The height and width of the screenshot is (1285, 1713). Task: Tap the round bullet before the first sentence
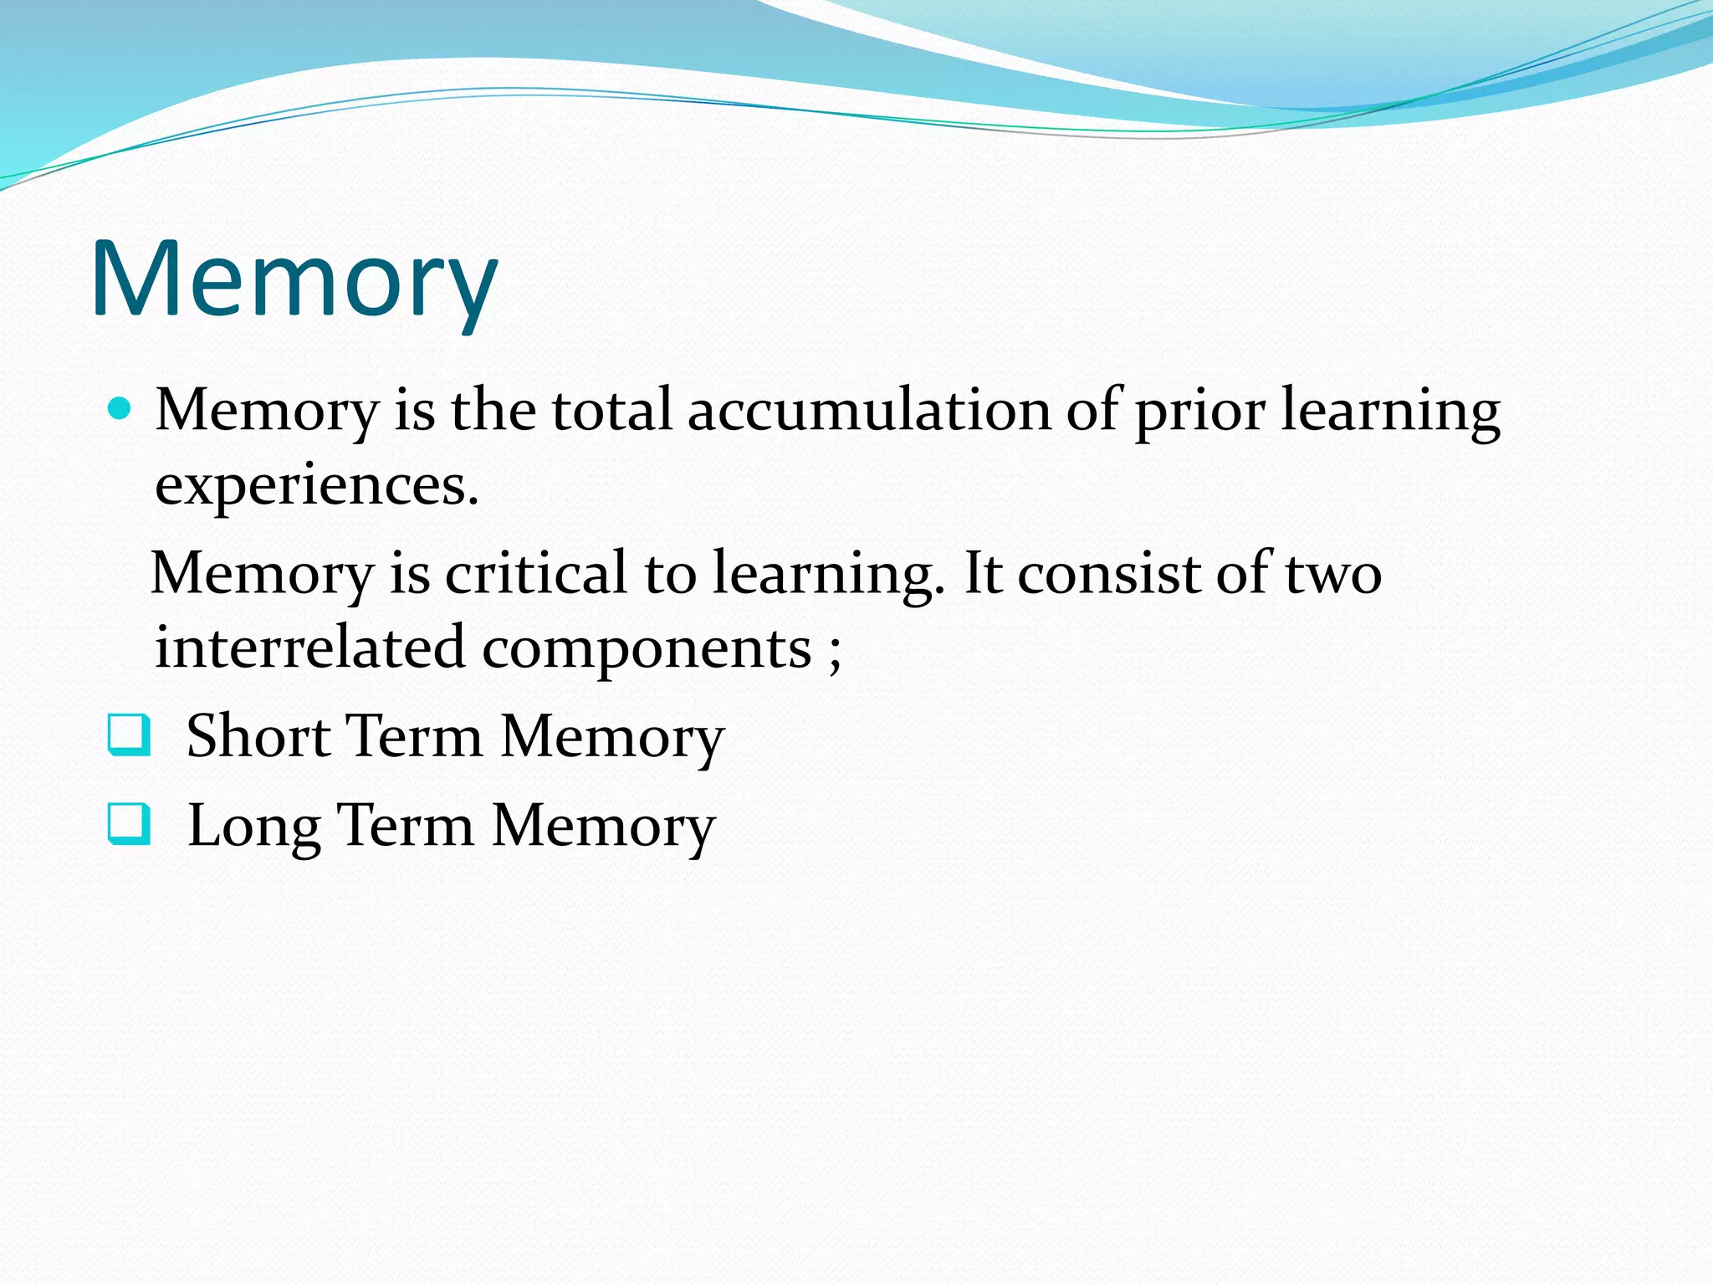120,409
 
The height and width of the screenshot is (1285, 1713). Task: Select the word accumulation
869,411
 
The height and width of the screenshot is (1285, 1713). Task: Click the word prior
1199,412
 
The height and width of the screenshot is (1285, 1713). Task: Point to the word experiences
316,486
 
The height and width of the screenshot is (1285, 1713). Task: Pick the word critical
536,574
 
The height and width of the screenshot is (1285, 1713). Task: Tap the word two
1333,574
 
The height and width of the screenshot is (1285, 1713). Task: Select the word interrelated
309,648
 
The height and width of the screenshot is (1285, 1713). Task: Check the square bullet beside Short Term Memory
130,735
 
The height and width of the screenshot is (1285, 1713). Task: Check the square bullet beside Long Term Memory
130,824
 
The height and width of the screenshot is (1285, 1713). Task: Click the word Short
258,736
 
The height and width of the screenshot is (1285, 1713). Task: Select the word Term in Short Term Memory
414,736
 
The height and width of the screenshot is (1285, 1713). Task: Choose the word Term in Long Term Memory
406,826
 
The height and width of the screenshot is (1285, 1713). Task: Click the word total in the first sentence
611,411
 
